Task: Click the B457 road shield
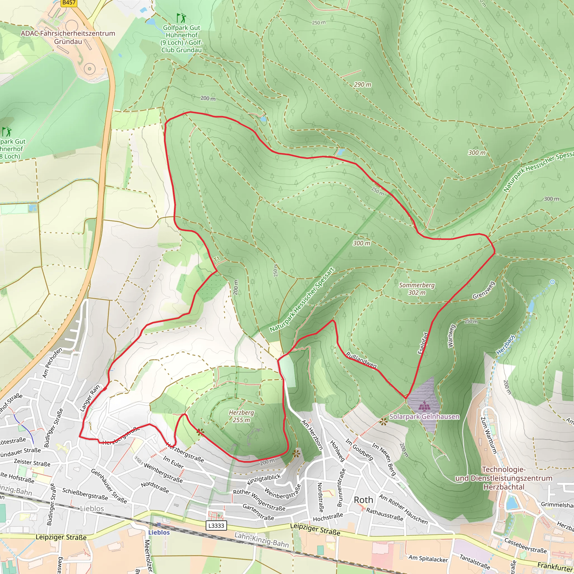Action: click(69, 3)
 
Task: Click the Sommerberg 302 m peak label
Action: click(416, 289)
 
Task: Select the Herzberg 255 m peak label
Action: click(241, 416)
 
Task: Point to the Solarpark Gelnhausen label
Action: click(424, 416)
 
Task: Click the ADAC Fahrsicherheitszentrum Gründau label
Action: click(68, 38)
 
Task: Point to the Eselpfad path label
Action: click(423, 343)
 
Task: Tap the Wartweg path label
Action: click(451, 336)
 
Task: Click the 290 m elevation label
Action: click(362, 85)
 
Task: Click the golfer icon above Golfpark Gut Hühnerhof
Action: click(181, 18)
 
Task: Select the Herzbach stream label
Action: click(506, 345)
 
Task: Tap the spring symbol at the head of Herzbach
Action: click(552, 282)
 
